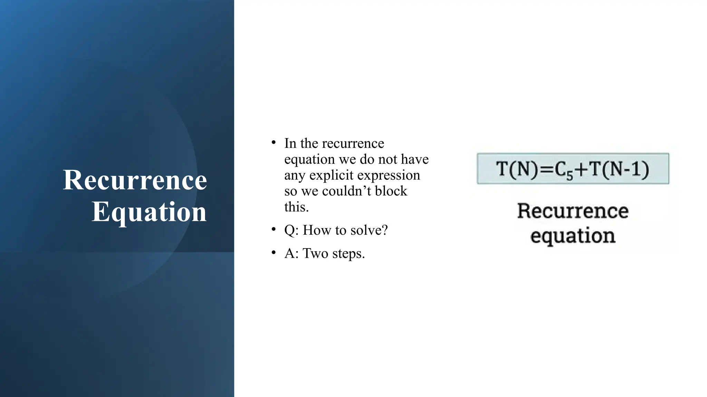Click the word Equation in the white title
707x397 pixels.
coord(149,212)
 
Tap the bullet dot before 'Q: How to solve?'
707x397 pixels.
coord(273,230)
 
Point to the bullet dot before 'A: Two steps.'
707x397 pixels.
coord(273,253)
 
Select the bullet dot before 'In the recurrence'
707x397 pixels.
coord(273,142)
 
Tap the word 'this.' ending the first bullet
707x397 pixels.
coord(296,207)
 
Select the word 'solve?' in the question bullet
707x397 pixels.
coord(371,230)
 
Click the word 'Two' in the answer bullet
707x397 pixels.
coord(316,253)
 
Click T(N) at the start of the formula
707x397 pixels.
coord(516,169)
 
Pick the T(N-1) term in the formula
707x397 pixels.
coord(619,169)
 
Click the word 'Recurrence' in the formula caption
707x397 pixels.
coord(572,211)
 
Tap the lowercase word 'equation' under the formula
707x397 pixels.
coord(572,236)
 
